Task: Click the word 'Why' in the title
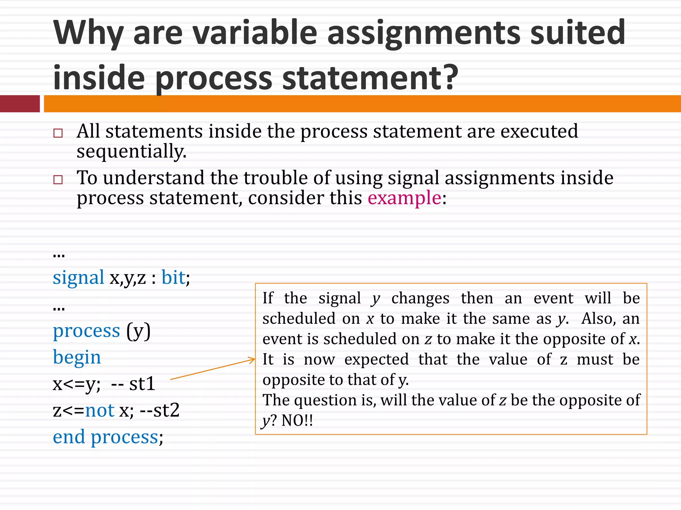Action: coord(88,33)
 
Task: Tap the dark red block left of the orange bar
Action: coord(20,104)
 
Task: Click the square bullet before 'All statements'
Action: coord(58,133)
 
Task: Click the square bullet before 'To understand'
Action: coord(58,180)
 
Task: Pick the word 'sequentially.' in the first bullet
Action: coord(131,152)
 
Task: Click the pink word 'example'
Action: coord(404,198)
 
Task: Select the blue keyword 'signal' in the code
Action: coord(78,278)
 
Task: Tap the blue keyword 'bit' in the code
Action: coord(173,278)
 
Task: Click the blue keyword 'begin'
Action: coord(77,358)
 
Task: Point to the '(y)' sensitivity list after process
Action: coord(138,331)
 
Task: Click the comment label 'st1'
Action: coord(142,384)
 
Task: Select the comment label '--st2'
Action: coord(160,410)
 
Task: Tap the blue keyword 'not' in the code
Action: coord(100,410)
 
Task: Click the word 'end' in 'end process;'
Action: coord(69,437)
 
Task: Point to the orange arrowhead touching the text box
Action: coord(252,360)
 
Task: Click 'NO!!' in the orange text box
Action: coord(297,421)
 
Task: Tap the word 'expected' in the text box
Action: coord(376,360)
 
